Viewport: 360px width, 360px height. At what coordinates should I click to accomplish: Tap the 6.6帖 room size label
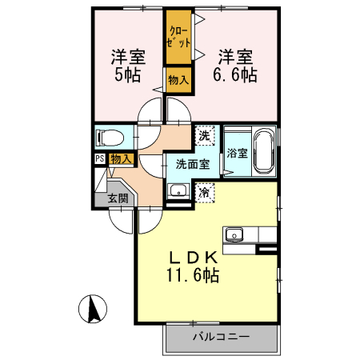tap(234, 76)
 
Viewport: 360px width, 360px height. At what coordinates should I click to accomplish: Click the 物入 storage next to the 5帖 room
tap(178, 80)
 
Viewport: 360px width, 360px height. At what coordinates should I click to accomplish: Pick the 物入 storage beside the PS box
tap(121, 159)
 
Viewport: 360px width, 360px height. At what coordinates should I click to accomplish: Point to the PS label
tap(99, 158)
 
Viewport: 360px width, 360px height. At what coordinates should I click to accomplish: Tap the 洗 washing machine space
tap(204, 135)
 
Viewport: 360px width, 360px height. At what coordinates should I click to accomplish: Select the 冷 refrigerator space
tap(205, 192)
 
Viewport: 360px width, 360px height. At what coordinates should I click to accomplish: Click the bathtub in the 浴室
tap(263, 152)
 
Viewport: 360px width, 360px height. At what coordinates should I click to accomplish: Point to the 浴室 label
tap(236, 152)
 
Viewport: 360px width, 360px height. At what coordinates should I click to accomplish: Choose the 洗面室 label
tap(193, 164)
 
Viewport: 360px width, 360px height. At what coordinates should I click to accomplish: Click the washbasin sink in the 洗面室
tap(178, 190)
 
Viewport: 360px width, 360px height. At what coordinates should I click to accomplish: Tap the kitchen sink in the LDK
tap(234, 234)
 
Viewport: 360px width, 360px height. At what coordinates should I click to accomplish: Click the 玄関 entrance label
tap(118, 198)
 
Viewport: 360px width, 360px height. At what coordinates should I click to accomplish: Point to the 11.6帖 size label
tap(193, 276)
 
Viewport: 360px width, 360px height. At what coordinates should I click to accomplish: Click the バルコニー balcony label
tap(221, 337)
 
